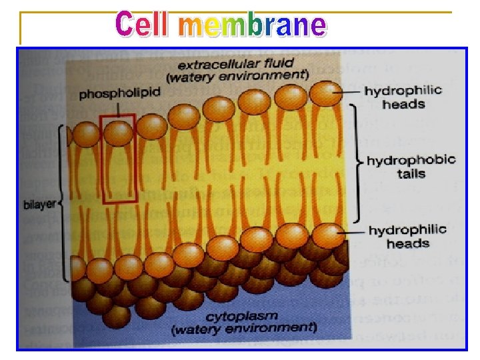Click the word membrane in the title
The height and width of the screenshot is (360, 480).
click(x=253, y=25)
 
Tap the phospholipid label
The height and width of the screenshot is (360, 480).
click(x=120, y=94)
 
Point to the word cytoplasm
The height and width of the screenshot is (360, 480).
click(x=242, y=316)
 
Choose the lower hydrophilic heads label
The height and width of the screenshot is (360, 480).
click(x=407, y=236)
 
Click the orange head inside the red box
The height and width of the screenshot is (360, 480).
click(x=118, y=132)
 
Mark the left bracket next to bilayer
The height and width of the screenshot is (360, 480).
click(x=65, y=203)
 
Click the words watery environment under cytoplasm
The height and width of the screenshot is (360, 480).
click(x=243, y=329)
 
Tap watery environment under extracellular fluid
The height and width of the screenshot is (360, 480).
click(x=237, y=77)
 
